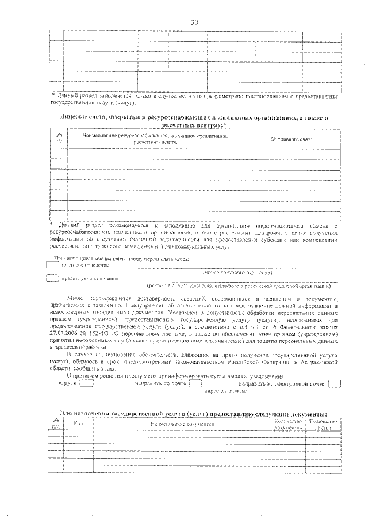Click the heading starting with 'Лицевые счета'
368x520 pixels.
[x=193, y=121]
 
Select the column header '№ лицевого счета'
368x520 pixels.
[x=291, y=139]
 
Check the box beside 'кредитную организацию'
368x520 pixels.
[x=52, y=278]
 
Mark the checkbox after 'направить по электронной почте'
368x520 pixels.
[x=334, y=384]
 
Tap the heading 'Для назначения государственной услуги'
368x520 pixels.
[x=193, y=414]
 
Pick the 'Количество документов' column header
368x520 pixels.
[x=287, y=425]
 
